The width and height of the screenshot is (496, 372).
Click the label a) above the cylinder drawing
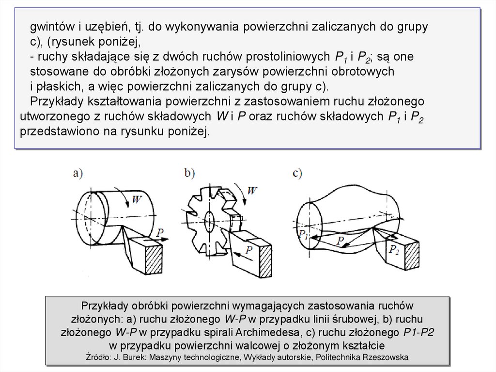[x=78, y=174]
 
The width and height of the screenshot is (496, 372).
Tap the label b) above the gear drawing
[x=189, y=173]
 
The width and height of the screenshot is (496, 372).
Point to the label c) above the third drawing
[x=297, y=173]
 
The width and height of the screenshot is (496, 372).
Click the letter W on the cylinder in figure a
[x=137, y=200]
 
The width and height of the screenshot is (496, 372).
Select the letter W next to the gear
[x=252, y=191]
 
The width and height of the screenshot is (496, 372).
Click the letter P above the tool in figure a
[x=160, y=233]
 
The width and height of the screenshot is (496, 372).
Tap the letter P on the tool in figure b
[x=249, y=250]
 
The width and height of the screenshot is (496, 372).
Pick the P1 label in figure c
[x=303, y=235]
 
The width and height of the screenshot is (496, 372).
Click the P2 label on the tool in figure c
[x=394, y=249]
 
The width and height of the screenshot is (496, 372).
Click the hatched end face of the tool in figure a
[x=154, y=259]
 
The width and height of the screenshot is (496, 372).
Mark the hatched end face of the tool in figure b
[x=266, y=261]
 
